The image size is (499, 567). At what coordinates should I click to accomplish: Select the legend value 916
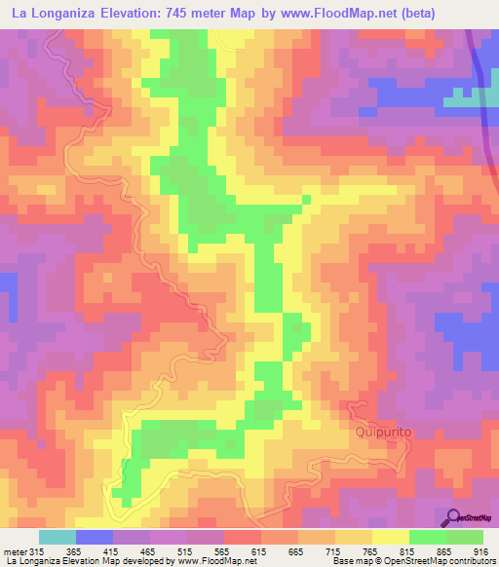click(x=481, y=552)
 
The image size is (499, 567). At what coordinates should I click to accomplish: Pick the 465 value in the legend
click(x=149, y=552)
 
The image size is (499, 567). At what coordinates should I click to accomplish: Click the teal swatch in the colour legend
click(x=57, y=537)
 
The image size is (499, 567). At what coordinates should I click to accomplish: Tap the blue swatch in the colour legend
click(x=94, y=537)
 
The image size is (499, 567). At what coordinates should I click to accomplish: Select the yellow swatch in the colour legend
click(x=390, y=537)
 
